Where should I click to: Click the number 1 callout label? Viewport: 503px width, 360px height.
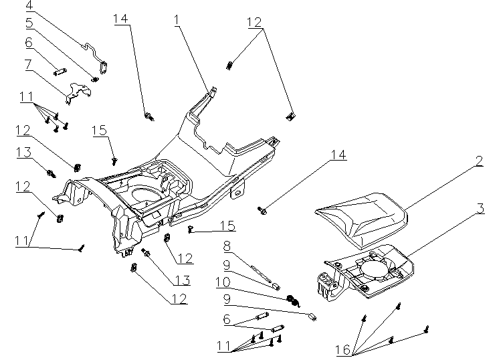click(x=177, y=20)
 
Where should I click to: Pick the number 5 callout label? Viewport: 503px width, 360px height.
click(x=29, y=23)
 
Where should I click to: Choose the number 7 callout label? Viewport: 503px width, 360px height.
click(x=29, y=65)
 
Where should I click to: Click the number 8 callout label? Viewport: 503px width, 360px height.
click(x=227, y=246)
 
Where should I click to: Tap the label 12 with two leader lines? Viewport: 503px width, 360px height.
click(x=254, y=21)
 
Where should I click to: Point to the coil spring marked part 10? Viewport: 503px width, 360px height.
click(x=292, y=300)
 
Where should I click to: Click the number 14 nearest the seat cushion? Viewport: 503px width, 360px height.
click(x=338, y=155)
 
